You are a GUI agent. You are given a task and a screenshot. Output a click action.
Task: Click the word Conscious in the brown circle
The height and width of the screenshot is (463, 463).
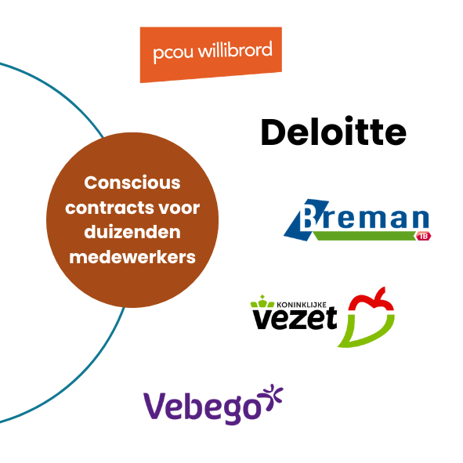(x=132, y=183)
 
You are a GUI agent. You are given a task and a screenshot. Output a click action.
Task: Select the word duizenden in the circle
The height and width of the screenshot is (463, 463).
(x=132, y=232)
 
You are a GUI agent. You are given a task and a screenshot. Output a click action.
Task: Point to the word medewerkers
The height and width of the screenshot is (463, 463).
(x=132, y=257)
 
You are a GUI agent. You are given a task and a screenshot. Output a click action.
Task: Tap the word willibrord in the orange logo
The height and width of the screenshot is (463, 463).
(x=235, y=49)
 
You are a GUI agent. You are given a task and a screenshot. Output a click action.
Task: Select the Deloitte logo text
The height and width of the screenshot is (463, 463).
(x=334, y=131)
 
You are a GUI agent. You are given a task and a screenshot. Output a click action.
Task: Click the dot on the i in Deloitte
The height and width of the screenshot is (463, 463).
(x=349, y=119)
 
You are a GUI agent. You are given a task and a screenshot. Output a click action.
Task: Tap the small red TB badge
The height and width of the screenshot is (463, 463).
(x=423, y=236)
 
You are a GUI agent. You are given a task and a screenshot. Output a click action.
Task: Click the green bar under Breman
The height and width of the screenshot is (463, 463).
(x=364, y=236)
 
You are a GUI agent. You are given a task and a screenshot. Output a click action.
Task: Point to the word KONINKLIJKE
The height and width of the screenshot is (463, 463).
(x=302, y=305)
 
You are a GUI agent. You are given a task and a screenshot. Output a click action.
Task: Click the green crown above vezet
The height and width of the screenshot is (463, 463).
(x=262, y=302)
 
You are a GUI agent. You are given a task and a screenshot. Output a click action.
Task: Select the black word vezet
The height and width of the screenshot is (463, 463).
(x=295, y=318)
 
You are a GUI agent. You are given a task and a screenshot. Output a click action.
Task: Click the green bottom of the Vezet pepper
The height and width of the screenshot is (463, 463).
(x=366, y=331)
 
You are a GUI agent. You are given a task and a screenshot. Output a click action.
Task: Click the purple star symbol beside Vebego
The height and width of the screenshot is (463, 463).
(x=270, y=397)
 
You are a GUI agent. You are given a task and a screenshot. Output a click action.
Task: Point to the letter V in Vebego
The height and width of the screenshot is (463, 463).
(x=157, y=406)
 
